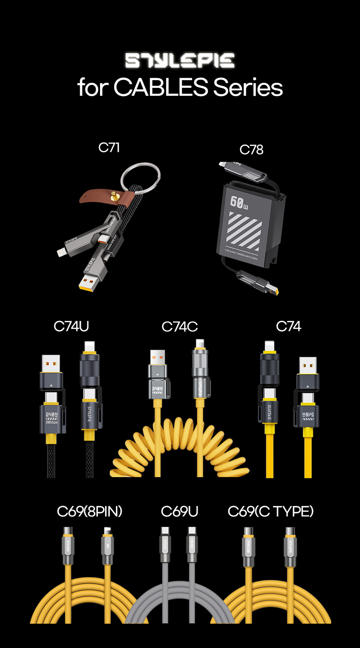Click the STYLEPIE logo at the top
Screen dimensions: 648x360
[x=180, y=60]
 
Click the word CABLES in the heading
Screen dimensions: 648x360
[x=161, y=87]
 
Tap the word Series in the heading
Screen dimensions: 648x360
[x=248, y=87]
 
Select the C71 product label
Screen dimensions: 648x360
[x=109, y=148]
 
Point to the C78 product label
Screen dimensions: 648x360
[x=251, y=150]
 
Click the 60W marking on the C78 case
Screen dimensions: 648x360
[x=239, y=203]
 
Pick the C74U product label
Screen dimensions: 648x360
[x=71, y=327]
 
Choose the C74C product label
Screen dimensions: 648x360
[x=180, y=327]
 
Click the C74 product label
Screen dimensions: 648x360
[x=288, y=327]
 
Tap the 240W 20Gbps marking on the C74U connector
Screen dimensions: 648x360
[x=51, y=418]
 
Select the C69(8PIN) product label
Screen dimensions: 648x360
[x=90, y=512]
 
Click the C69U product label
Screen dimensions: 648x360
[x=180, y=512]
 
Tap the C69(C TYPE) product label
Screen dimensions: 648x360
[x=271, y=512]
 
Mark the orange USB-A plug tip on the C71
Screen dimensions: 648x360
[x=88, y=284]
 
